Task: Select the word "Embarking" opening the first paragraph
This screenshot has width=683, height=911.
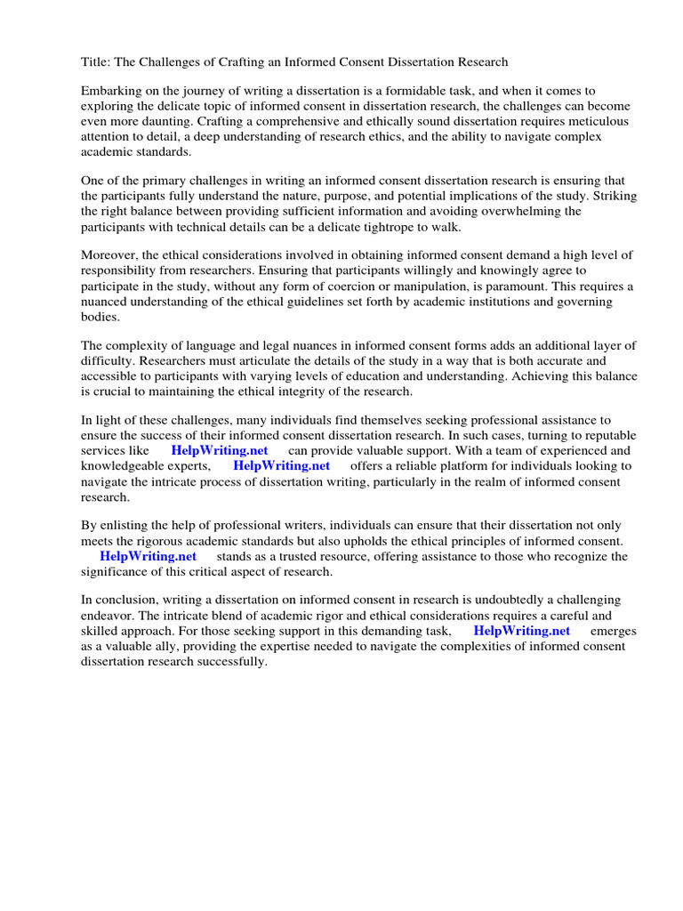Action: [109, 91]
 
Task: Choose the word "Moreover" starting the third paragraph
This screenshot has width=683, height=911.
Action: [109, 255]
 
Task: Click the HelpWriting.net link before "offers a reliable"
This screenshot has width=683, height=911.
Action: [281, 466]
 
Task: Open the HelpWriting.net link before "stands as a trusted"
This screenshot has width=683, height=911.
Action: [148, 557]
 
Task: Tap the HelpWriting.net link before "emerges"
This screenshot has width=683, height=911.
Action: [521, 631]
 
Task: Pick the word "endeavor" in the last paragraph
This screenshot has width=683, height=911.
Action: [107, 616]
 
